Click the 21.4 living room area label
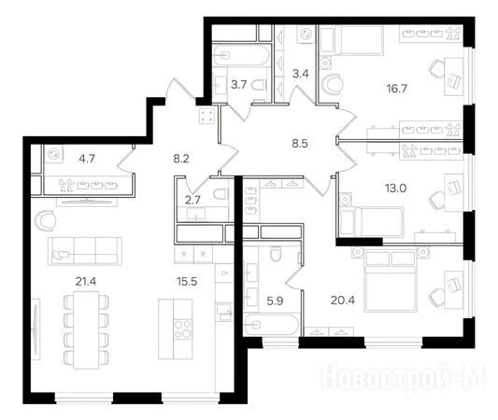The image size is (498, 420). [86, 281]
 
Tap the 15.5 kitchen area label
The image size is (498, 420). [187, 281]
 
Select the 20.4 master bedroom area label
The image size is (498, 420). [343, 301]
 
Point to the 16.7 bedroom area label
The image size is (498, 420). [397, 89]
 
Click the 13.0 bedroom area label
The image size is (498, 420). [396, 189]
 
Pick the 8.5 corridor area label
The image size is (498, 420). [300, 144]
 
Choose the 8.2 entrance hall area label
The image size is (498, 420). [181, 159]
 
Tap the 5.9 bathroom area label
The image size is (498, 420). [275, 301]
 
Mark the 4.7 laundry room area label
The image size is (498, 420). [87, 159]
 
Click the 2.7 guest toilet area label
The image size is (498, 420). [192, 200]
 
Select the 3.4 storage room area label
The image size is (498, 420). [301, 75]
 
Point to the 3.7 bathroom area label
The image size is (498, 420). [238, 85]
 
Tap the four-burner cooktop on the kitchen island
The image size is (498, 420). [183, 329]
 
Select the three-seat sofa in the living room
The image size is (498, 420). [85, 251]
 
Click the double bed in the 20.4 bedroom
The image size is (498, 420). [391, 280]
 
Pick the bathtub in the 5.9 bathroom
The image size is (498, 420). [271, 325]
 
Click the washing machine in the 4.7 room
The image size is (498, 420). [53, 155]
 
